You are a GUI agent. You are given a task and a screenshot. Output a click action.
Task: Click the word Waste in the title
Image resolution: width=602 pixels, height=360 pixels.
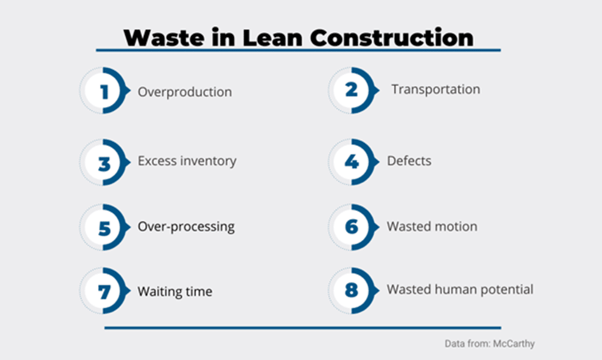point(164,38)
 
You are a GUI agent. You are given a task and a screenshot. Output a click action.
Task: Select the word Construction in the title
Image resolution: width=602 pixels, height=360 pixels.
point(392,38)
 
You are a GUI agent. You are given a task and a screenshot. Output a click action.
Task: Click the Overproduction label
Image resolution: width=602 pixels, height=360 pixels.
point(185,92)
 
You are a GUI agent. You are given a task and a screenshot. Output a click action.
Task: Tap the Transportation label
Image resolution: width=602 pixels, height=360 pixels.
point(436,89)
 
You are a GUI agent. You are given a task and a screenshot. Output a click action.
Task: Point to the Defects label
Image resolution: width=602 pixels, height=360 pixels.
point(409,161)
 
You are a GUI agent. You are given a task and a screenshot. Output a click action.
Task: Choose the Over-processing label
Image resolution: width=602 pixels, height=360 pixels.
point(186,227)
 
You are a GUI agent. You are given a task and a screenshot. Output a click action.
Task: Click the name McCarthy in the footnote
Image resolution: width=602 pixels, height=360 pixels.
point(513,343)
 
